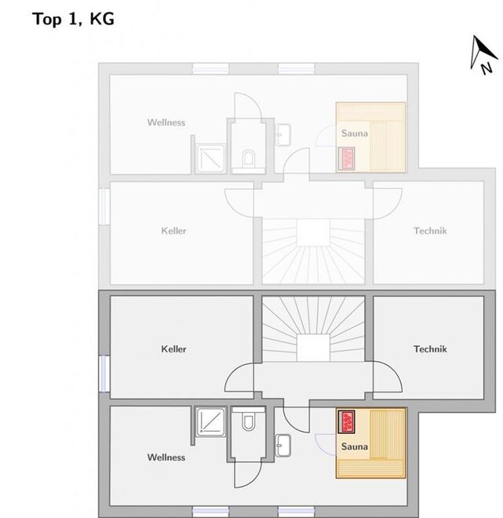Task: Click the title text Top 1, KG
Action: [73, 19]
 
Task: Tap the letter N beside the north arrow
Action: [487, 68]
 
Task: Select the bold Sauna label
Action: [355, 447]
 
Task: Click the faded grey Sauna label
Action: [355, 133]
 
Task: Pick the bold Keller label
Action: [173, 348]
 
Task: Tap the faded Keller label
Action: [173, 231]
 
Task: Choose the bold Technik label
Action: [430, 348]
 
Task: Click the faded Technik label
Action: [430, 231]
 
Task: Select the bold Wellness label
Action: [166, 458]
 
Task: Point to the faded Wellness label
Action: [166, 122]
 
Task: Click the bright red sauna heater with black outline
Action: [347, 421]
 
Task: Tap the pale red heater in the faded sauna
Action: [347, 159]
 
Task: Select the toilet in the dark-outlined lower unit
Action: [249, 420]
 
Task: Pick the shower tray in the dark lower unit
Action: [210, 421]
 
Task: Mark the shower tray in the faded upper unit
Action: [210, 159]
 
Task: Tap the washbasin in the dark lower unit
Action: [283, 445]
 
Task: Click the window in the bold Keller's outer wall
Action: [104, 374]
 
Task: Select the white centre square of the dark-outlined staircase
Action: [313, 348]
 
